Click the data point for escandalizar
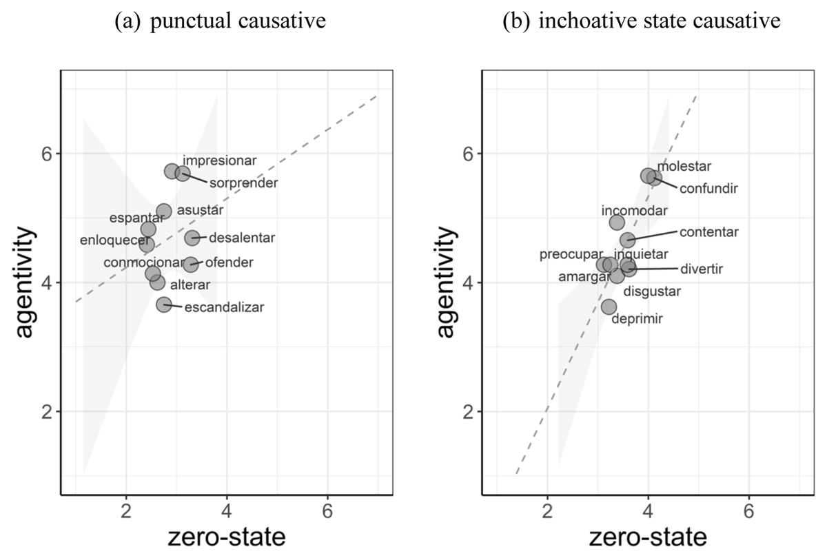(164, 304)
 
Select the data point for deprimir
(609, 307)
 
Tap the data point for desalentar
(192, 238)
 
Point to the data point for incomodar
(617, 222)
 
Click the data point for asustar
(164, 211)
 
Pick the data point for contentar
(627, 240)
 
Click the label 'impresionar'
(220, 161)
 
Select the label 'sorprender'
(244, 183)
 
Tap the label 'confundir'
(708, 189)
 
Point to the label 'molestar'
(684, 167)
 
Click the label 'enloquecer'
(115, 240)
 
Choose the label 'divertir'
(702, 269)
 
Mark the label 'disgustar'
(652, 291)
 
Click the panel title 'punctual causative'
(238, 20)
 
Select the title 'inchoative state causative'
(660, 20)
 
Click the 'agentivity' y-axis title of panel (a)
(25, 282)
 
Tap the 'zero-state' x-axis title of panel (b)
(648, 537)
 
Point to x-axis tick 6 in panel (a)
(327, 511)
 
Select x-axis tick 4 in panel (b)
(648, 511)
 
